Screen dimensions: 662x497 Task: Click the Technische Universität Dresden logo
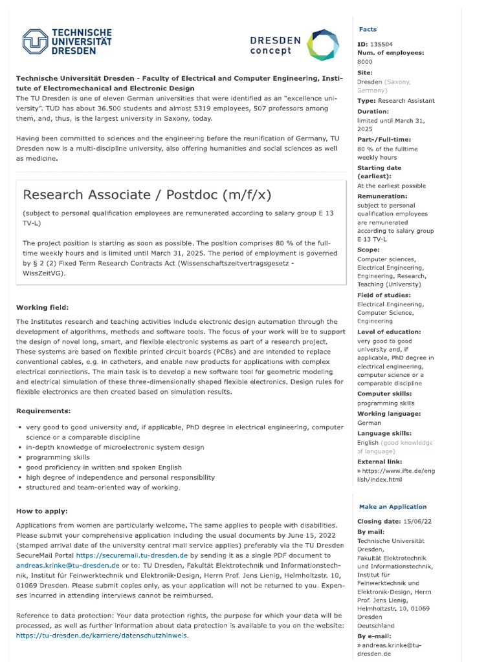tap(67, 41)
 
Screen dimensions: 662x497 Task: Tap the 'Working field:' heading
tap(42, 307)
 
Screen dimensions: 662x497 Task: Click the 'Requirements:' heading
tap(43, 411)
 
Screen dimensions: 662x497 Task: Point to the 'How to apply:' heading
tap(42, 511)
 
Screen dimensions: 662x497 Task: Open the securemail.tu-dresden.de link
tap(131, 555)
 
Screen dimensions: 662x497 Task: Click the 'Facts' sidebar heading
tap(368, 30)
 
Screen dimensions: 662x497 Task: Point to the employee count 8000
tap(365, 61)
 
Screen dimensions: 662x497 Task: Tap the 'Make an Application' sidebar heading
tap(393, 507)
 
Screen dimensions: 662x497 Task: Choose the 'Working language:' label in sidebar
tap(389, 414)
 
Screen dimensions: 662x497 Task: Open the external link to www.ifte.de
tap(396, 475)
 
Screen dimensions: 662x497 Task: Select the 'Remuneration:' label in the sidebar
tap(382, 196)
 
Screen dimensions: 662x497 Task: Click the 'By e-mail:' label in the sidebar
tap(374, 636)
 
